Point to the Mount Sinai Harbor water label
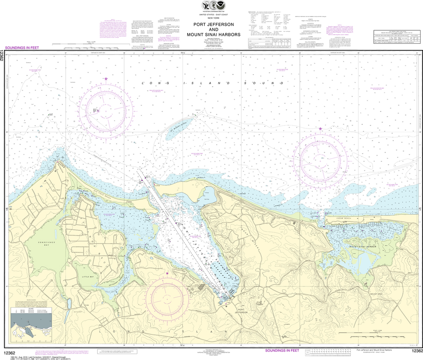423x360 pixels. point(363,246)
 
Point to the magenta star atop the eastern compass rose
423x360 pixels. point(321,129)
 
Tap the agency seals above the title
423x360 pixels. point(211,6)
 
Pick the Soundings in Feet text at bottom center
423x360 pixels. point(281,351)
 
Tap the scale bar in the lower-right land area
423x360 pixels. point(370,332)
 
